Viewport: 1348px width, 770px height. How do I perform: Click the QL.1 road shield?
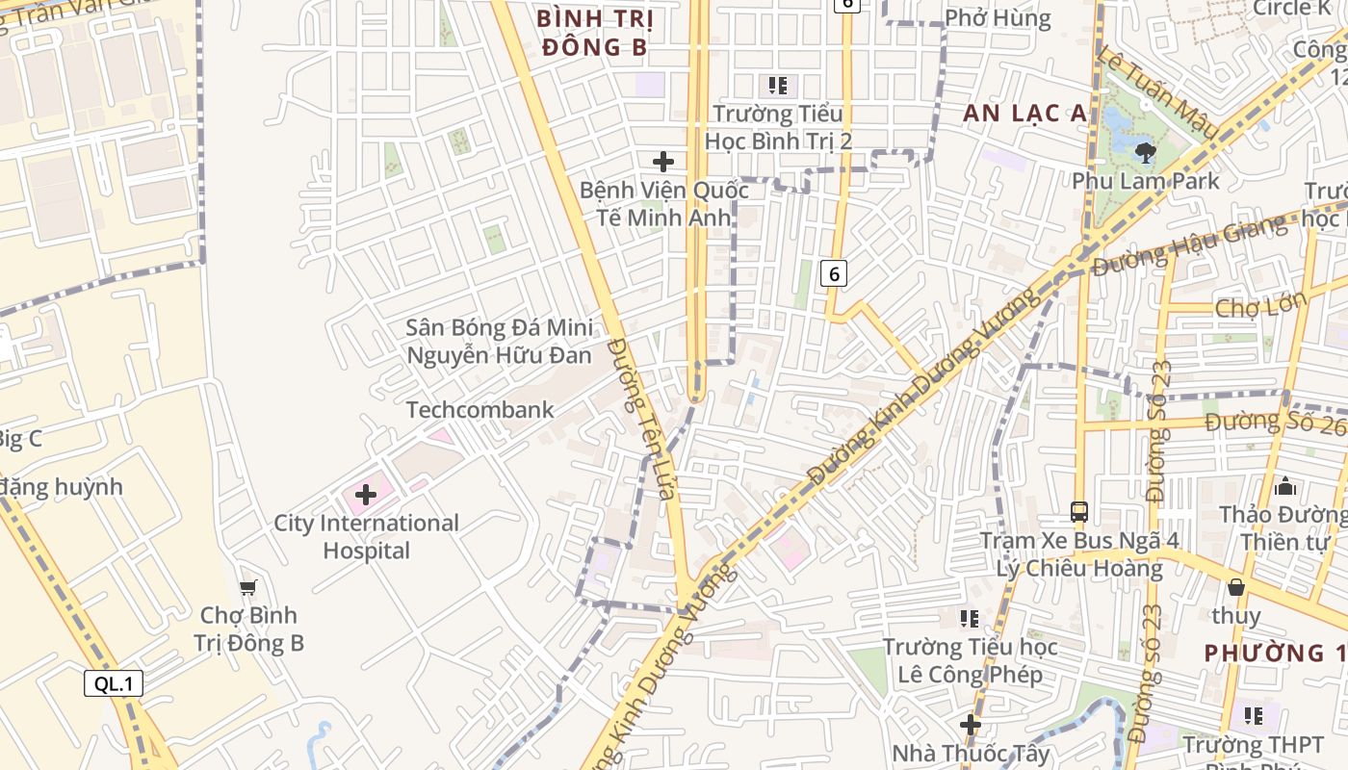tap(114, 684)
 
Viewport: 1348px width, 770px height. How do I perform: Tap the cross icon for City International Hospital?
tap(366, 495)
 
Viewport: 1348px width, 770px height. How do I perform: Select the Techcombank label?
tap(480, 410)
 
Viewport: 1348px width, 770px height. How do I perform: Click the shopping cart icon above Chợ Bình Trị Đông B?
tap(248, 586)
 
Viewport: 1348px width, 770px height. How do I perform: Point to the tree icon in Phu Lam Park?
tap(1145, 152)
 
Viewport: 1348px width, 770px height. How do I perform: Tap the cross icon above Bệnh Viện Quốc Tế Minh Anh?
tap(663, 162)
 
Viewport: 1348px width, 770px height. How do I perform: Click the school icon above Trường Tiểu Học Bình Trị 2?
tap(778, 86)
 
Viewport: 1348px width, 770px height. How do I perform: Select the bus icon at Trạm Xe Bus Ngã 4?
tap(1079, 512)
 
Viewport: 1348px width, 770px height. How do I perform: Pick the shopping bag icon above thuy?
tap(1236, 586)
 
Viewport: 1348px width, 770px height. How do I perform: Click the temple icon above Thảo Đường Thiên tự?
tap(1284, 486)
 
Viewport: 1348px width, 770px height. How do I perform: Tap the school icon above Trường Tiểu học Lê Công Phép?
tap(970, 618)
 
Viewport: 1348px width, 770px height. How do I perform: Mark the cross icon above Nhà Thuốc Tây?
tap(970, 724)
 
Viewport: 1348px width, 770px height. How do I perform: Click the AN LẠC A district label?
tap(1024, 114)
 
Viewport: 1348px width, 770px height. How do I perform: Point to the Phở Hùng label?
tap(998, 18)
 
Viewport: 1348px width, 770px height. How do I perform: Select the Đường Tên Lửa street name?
tap(640, 418)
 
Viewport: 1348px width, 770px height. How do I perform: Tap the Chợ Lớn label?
tap(1260, 307)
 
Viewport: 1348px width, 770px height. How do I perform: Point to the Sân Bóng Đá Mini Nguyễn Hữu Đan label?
tap(499, 342)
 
